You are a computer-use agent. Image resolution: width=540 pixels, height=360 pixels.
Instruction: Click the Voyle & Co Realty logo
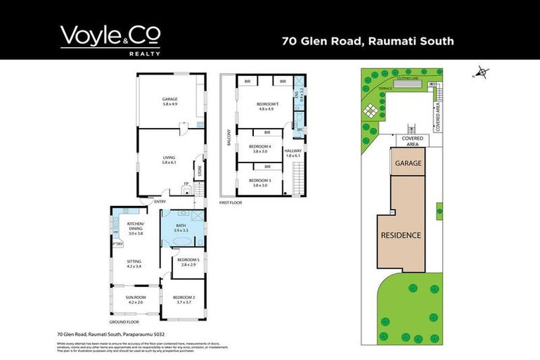tap(110, 40)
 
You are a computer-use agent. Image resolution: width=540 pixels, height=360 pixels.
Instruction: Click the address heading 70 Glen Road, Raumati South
tap(368, 41)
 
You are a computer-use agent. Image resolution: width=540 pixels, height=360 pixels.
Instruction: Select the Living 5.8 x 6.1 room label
tap(169, 160)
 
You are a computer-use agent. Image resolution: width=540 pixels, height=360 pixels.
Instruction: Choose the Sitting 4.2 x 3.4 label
tap(134, 264)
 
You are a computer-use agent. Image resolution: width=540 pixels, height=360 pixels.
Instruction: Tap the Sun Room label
tap(134, 300)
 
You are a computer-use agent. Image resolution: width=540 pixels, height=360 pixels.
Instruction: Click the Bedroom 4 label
tap(259, 148)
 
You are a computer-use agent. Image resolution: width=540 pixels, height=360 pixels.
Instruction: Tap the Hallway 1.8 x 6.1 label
tap(293, 153)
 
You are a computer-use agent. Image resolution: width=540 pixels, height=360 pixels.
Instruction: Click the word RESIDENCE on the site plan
tap(400, 236)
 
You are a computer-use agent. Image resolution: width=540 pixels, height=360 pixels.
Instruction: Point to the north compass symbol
tap(482, 71)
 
